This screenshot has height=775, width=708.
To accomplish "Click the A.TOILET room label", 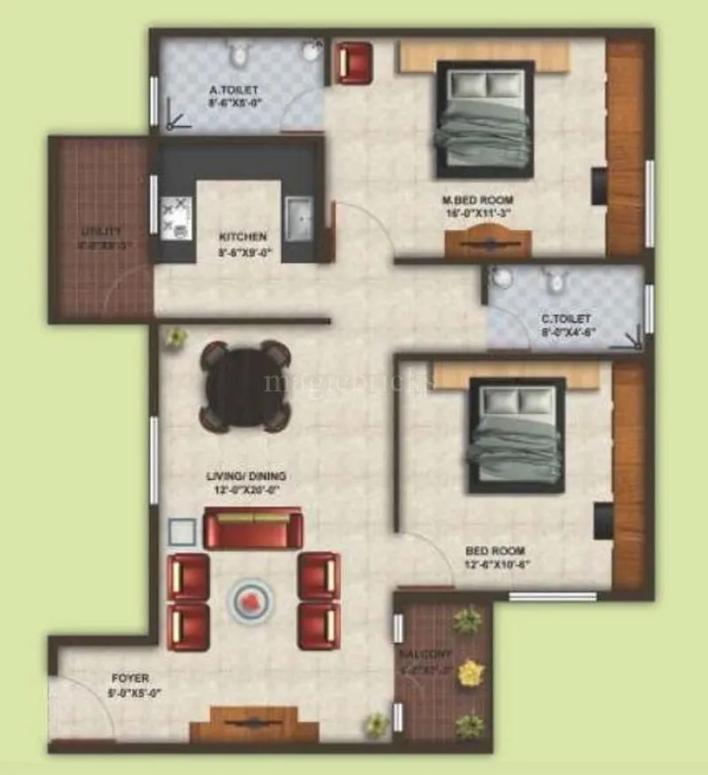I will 234,89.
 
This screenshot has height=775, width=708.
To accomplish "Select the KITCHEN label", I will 243,237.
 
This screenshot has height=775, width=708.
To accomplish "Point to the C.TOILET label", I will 566,318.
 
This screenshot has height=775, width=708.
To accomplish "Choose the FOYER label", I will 128,678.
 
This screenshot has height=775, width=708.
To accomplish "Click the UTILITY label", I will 100,231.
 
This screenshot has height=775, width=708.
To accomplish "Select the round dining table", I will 245,386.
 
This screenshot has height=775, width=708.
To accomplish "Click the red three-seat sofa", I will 253,529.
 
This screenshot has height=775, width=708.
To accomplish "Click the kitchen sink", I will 298,216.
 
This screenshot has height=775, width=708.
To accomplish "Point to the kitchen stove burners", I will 175,218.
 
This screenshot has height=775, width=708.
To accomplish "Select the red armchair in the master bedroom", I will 354,61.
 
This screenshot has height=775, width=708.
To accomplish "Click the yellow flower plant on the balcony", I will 469,673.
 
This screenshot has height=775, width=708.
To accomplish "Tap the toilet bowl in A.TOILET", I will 237,56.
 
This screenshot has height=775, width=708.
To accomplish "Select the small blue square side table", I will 182,532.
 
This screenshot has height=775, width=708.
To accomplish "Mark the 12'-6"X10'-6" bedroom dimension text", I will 497,563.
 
